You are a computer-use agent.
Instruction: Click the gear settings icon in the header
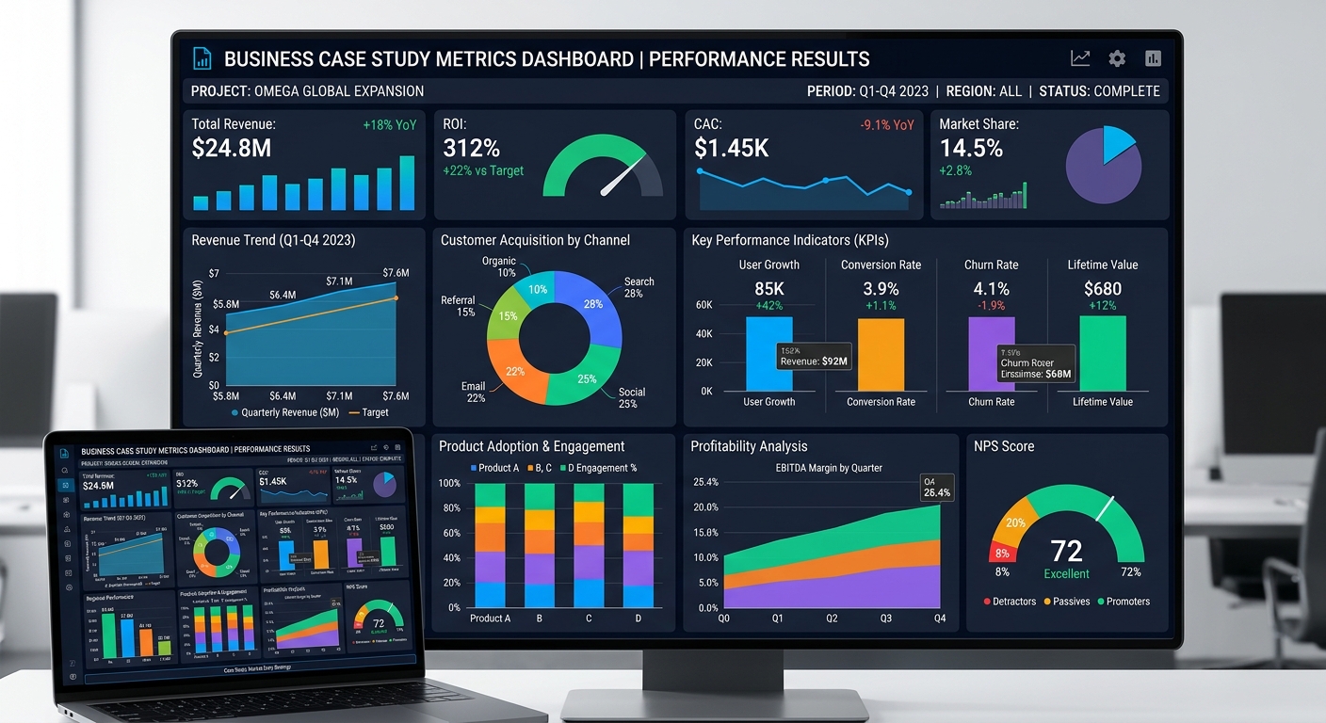(x=1117, y=58)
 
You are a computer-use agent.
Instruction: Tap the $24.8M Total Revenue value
(x=232, y=148)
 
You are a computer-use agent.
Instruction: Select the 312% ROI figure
(x=472, y=148)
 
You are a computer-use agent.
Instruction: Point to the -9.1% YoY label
(x=886, y=124)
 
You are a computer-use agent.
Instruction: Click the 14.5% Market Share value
(x=971, y=148)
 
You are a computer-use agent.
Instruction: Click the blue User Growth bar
(x=768, y=353)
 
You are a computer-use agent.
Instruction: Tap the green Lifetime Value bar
(x=1103, y=353)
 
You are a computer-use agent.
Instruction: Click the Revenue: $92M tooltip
(x=814, y=356)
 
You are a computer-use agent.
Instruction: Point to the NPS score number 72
(x=1066, y=551)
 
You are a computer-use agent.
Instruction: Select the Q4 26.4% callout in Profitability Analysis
(x=936, y=487)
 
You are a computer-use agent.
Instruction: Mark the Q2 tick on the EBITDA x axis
(x=832, y=619)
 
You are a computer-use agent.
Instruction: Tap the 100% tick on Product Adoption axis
(x=449, y=484)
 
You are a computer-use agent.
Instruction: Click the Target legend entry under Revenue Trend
(x=368, y=412)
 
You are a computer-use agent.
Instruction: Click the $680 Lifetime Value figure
(x=1103, y=289)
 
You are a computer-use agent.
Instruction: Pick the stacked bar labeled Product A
(x=490, y=546)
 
